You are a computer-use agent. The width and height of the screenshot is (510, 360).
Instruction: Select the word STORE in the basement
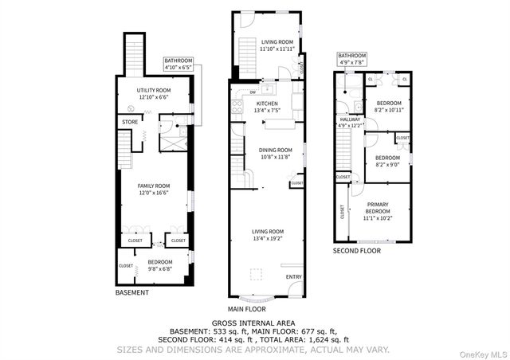click(x=129, y=121)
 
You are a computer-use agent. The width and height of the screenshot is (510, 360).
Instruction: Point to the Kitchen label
click(x=267, y=104)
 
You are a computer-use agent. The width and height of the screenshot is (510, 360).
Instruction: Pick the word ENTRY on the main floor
click(x=294, y=277)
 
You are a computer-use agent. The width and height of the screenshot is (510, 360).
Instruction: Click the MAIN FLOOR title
click(x=246, y=308)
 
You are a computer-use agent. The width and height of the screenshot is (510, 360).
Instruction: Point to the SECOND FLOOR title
click(x=356, y=251)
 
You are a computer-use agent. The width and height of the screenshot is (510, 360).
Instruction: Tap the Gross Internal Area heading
click(x=255, y=323)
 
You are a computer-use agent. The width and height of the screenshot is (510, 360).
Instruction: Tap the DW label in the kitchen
click(x=252, y=91)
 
